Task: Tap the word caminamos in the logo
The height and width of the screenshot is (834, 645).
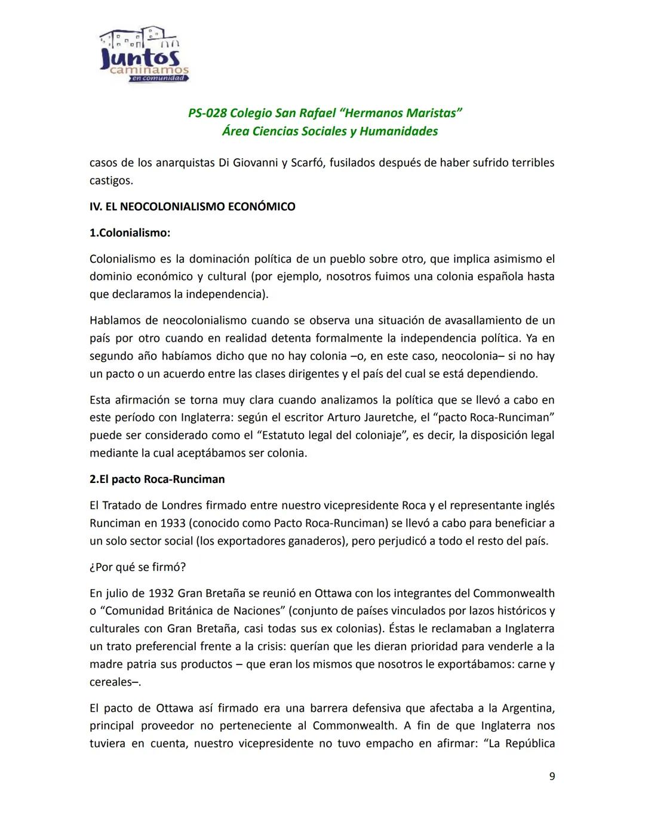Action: click(149, 70)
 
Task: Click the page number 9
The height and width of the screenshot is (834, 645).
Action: click(551, 776)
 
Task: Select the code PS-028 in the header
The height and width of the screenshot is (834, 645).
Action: click(207, 113)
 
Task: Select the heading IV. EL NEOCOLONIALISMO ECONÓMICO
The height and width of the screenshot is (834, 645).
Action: click(192, 207)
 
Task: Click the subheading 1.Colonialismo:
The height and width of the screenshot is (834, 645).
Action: click(130, 233)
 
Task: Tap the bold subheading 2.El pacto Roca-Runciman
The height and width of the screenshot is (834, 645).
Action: click(157, 479)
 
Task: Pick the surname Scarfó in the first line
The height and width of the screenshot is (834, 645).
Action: click(307, 162)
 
